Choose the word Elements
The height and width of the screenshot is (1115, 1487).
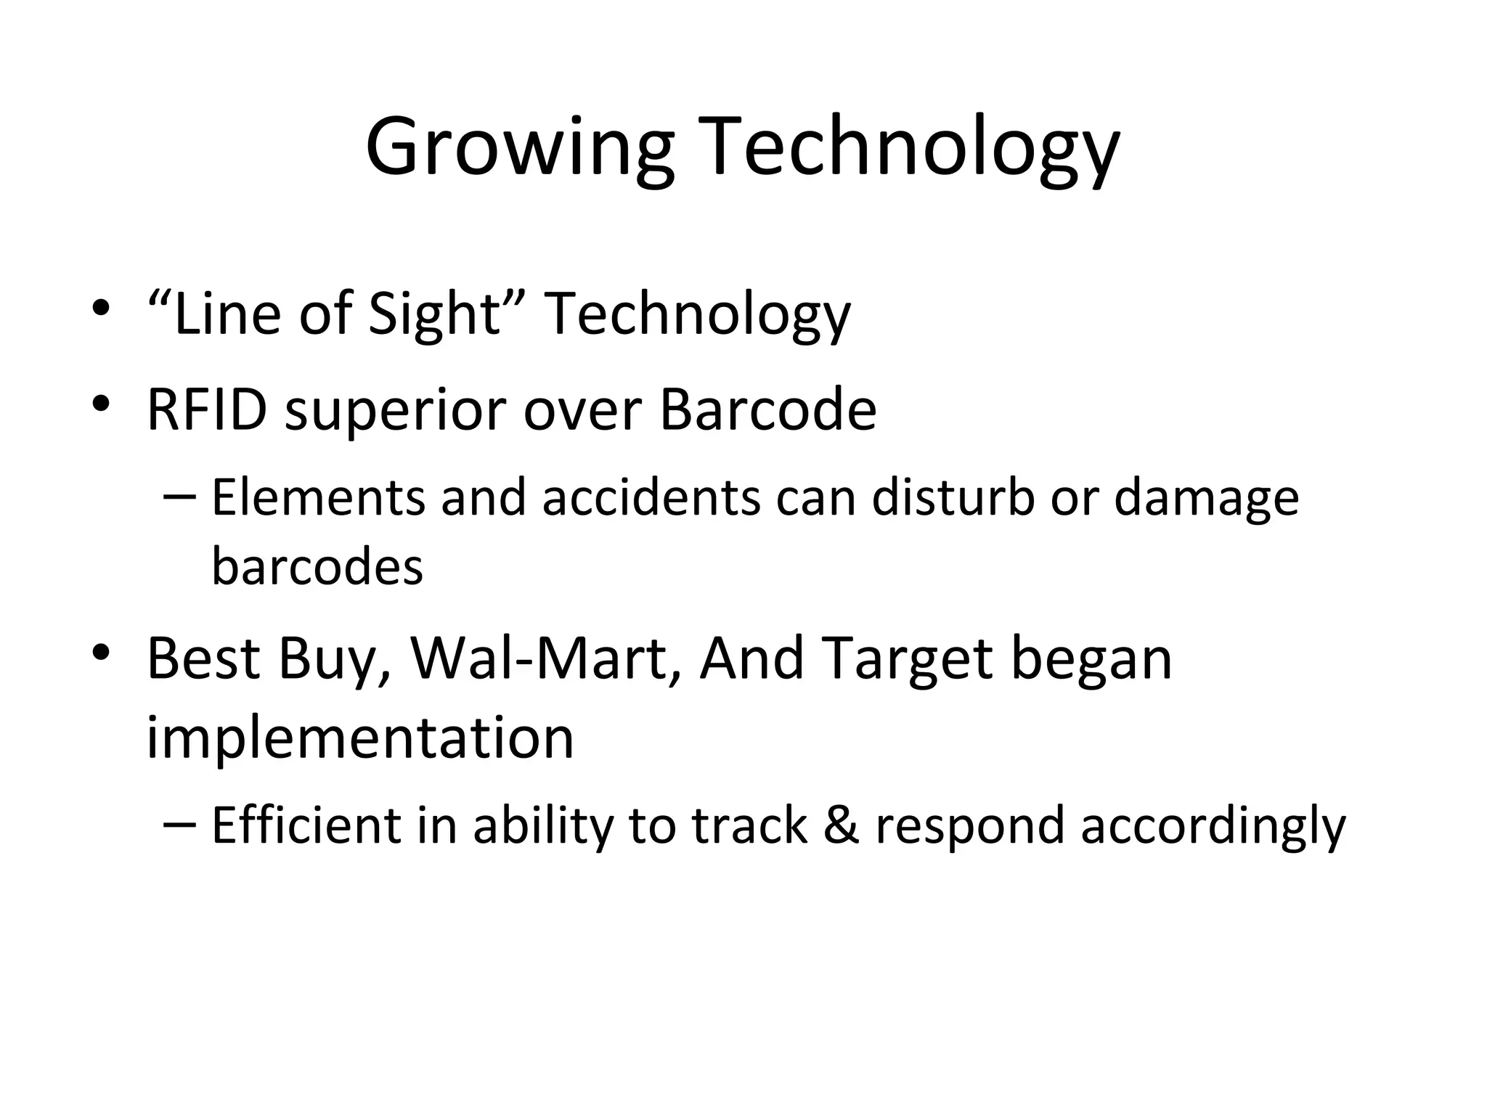[x=317, y=498]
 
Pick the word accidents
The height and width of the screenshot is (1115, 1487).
[x=651, y=498]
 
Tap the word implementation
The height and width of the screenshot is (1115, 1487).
[x=360, y=738]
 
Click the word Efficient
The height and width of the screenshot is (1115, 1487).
[x=306, y=826]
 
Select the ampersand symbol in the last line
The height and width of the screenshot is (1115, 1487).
[x=841, y=826]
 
